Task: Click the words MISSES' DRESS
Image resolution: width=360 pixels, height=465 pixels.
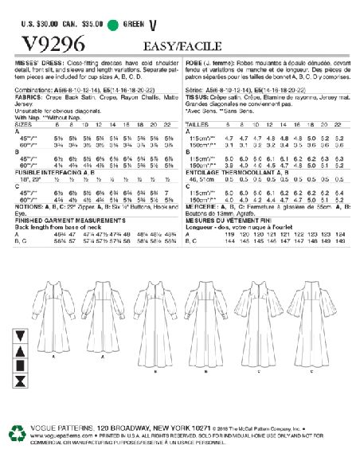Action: [37, 61]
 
